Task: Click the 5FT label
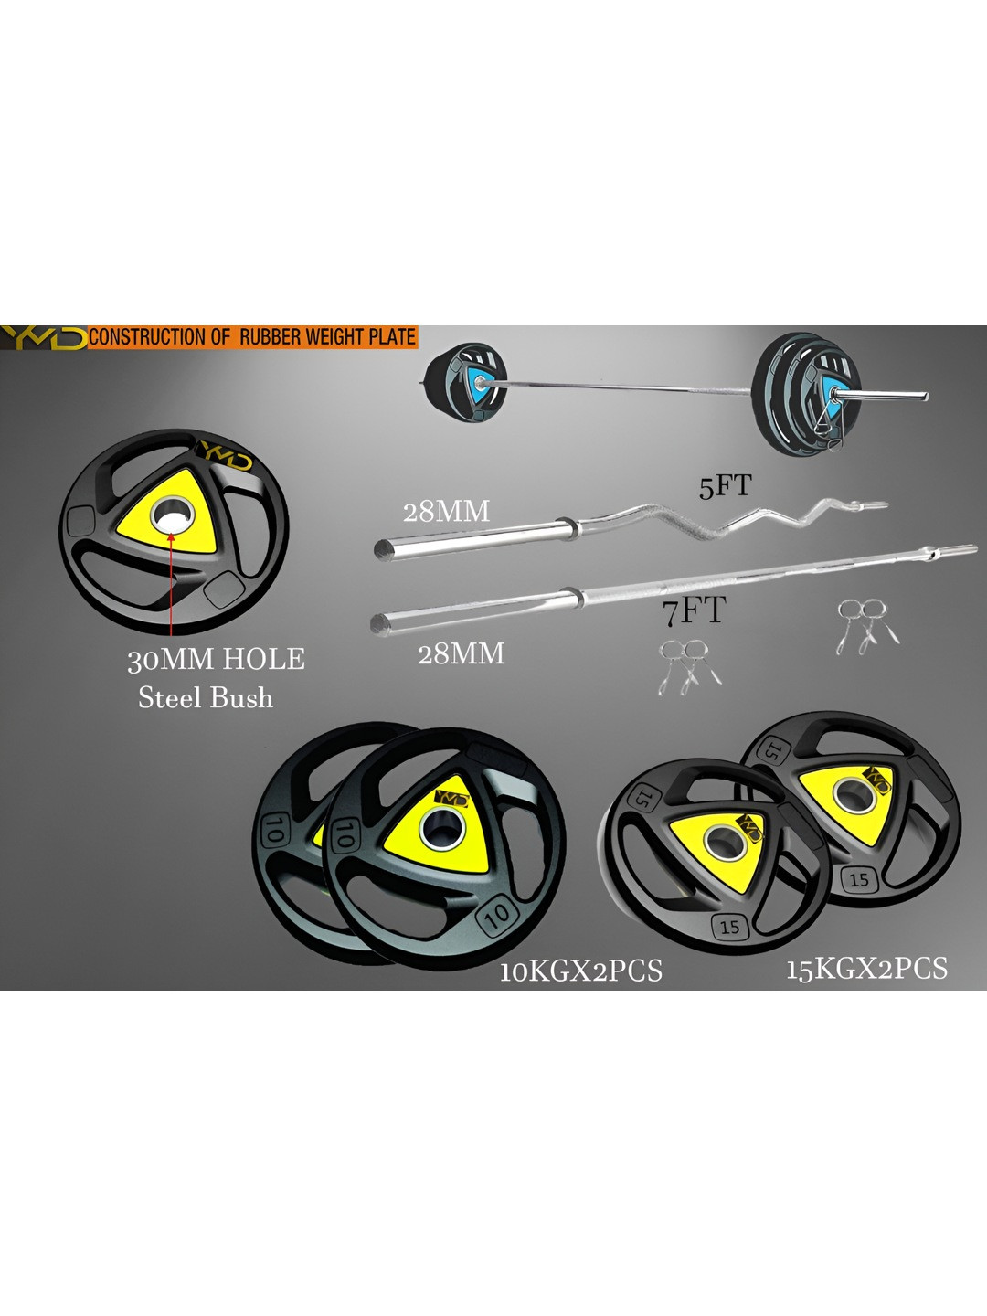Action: pos(725,486)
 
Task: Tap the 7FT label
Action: pos(695,610)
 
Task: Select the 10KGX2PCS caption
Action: pos(580,971)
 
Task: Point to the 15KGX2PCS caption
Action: pos(866,968)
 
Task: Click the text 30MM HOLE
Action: pos(216,659)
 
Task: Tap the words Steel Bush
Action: pos(206,698)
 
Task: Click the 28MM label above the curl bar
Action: pos(446,511)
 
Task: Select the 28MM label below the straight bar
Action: pos(461,653)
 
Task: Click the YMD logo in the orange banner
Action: pos(43,337)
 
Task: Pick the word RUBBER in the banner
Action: pos(271,337)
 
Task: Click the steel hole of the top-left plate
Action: pos(173,515)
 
